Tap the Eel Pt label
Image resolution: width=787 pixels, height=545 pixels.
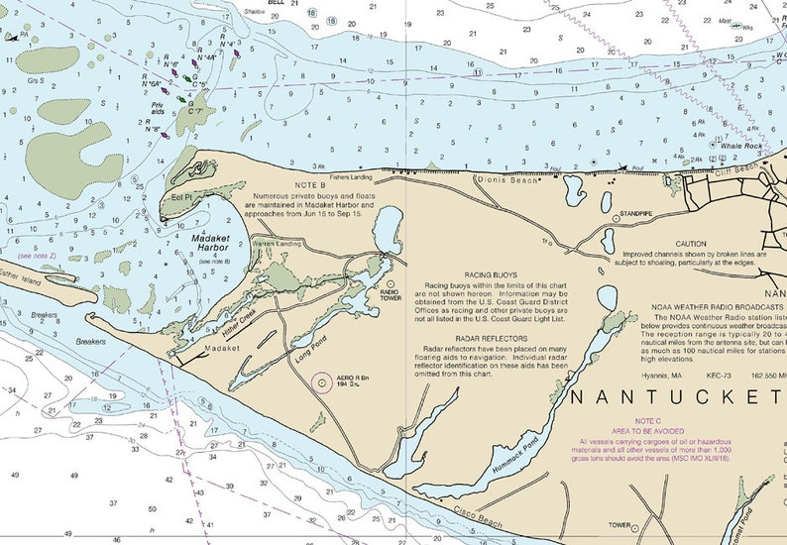click(180, 197)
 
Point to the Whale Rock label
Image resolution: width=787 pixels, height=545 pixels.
click(742, 146)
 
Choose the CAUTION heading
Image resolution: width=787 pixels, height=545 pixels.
click(691, 244)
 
